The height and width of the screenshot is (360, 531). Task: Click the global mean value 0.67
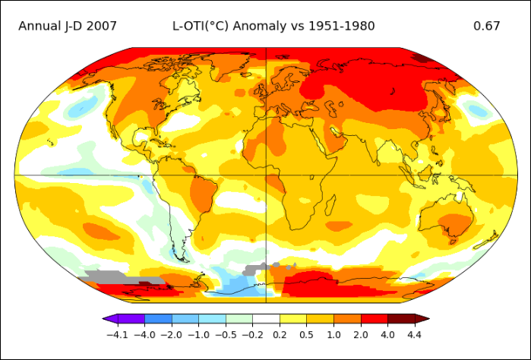(486, 26)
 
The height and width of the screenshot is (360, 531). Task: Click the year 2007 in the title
(101, 26)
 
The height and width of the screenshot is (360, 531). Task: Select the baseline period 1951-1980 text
(341, 26)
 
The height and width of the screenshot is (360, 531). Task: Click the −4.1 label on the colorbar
(117, 334)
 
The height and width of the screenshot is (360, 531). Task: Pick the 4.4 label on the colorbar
(415, 334)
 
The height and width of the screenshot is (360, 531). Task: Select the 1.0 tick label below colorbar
(333, 334)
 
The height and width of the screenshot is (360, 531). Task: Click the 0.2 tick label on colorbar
(280, 334)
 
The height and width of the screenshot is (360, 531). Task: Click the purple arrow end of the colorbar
(109, 318)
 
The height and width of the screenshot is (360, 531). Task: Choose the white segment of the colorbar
(266, 318)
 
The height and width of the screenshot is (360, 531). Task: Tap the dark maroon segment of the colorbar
(403, 318)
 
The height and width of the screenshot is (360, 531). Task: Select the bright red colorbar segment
(374, 318)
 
